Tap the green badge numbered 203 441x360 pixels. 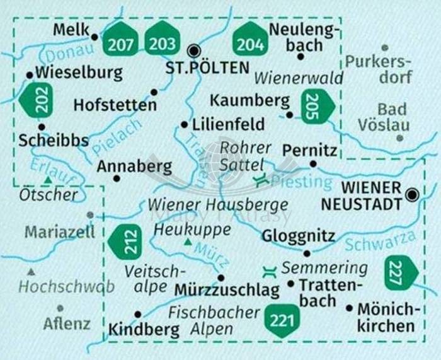pyautogui.click(x=163, y=40)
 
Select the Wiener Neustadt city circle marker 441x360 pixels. pyautogui.click(x=412, y=195)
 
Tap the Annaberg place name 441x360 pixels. pyautogui.click(x=134, y=166)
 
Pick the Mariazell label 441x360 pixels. pyautogui.click(x=60, y=232)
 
